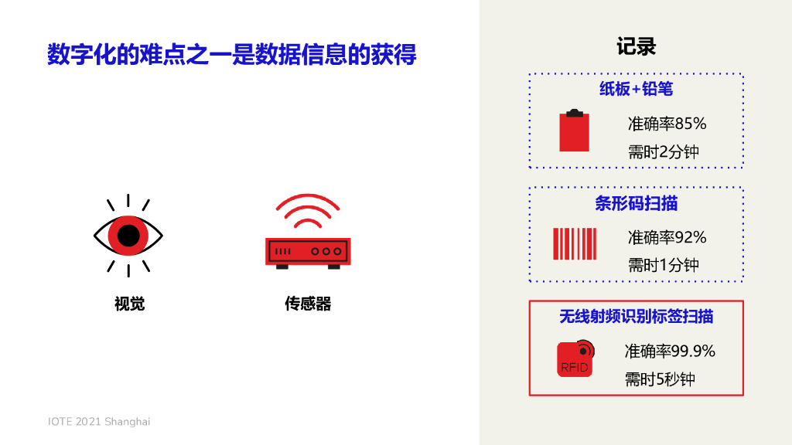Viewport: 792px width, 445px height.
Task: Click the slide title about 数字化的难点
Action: point(231,55)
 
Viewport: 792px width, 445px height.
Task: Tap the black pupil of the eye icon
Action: point(128,234)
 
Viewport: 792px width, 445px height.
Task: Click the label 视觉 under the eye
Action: point(129,304)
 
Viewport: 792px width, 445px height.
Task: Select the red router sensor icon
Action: point(308,252)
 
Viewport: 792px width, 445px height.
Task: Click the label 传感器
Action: point(308,304)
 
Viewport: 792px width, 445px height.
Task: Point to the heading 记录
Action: point(636,46)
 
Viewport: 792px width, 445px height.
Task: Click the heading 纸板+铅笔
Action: point(636,89)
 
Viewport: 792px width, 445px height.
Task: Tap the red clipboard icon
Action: point(574,131)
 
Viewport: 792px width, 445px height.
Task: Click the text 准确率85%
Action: point(667,124)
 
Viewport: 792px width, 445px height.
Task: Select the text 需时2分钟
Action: point(663,151)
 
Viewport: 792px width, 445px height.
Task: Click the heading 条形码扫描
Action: point(636,203)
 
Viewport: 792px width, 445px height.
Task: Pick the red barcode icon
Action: point(574,243)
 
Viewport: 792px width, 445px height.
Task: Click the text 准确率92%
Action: point(667,237)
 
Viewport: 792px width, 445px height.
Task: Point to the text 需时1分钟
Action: point(663,265)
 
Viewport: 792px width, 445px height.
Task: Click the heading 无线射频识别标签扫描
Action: point(636,317)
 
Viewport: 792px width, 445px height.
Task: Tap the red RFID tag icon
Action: point(575,358)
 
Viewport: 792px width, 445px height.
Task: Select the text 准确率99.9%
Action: point(670,352)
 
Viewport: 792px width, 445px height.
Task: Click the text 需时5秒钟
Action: point(660,379)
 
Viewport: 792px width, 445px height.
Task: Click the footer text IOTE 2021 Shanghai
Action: point(99,421)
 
